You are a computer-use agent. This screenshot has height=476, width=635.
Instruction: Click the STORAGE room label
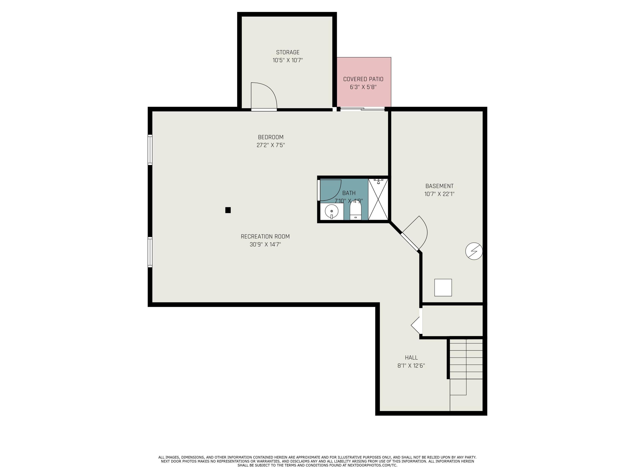tap(288, 52)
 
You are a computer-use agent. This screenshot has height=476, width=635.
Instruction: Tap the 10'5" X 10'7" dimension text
tap(288, 60)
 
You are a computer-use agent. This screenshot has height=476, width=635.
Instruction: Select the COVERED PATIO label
tap(363, 79)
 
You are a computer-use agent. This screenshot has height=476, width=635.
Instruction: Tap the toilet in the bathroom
tap(356, 211)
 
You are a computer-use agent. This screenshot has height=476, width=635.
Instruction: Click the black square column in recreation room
tap(228, 210)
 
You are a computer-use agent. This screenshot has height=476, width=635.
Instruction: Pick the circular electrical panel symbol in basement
tap(474, 251)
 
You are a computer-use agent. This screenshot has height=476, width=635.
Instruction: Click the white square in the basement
tap(443, 288)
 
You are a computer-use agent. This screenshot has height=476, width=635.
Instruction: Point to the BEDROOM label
tap(271, 137)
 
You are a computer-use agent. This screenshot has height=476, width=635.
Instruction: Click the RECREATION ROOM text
tap(265, 237)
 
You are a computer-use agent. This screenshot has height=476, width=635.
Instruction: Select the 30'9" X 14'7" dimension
tap(265, 245)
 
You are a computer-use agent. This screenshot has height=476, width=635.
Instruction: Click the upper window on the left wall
tap(150, 150)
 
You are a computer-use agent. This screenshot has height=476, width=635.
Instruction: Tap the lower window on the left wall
tap(150, 252)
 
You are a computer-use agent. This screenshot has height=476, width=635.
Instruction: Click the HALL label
tap(411, 358)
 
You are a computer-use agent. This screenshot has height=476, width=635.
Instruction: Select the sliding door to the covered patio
tap(362, 109)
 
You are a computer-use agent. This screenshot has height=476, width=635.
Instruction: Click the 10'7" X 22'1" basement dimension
tap(439, 194)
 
